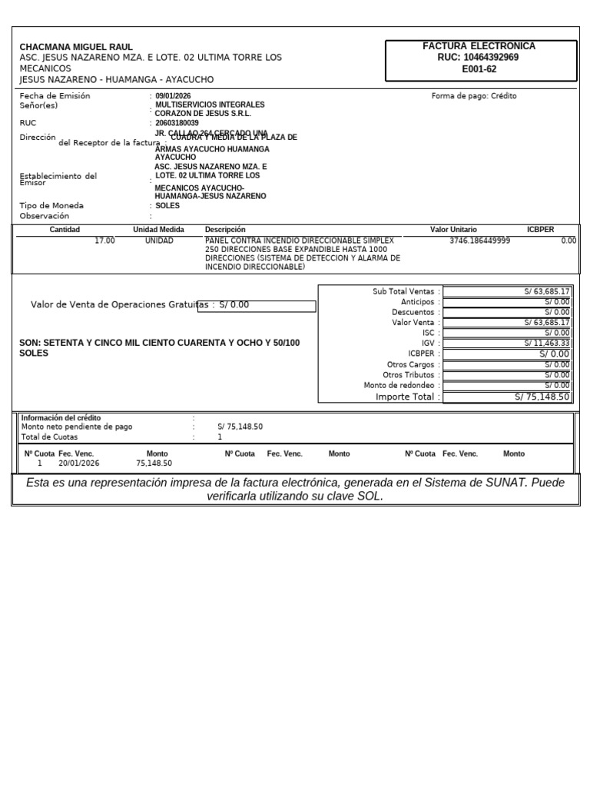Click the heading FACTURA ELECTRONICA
[x=479, y=46]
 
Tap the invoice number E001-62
[x=479, y=69]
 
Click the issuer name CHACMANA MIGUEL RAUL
[x=76, y=47]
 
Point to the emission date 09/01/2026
[x=173, y=96]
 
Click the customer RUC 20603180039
[x=177, y=123]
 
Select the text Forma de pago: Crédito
[x=474, y=96]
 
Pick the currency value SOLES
[x=167, y=206]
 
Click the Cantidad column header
[x=65, y=230]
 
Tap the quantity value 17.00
[x=104, y=241]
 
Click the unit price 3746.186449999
[x=479, y=241]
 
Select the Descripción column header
[x=225, y=230]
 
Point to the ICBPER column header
[x=540, y=230]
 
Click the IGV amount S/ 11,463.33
[x=547, y=344]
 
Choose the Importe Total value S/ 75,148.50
[x=542, y=397]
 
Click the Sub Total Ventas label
[x=403, y=292]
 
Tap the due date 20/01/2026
[x=78, y=463]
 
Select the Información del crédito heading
[x=61, y=418]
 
